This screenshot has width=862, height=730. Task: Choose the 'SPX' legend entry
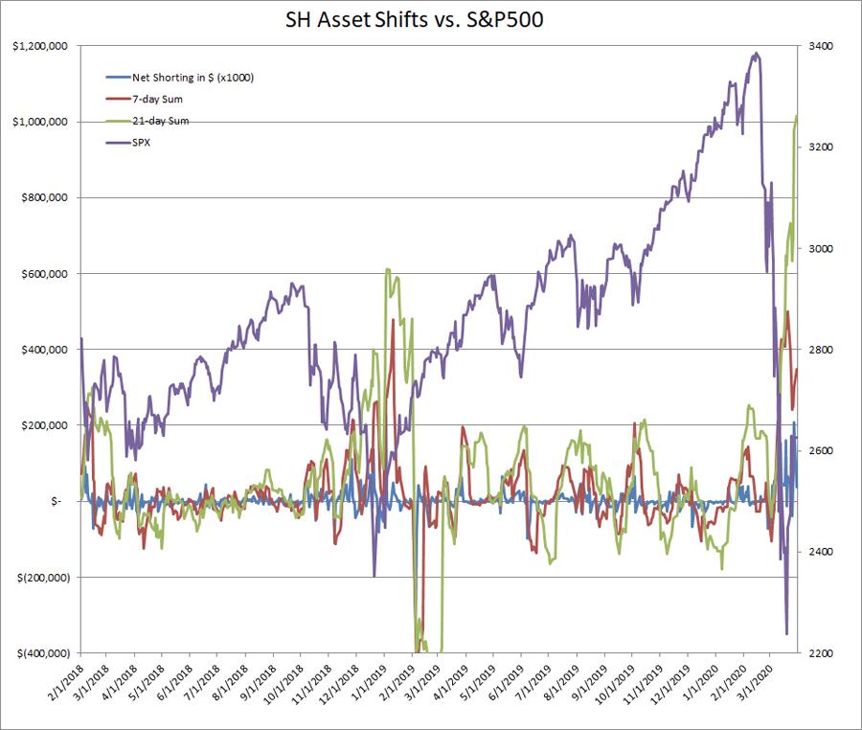point(140,143)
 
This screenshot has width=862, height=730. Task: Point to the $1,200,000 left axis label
point(38,46)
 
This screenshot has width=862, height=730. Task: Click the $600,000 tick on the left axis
point(42,274)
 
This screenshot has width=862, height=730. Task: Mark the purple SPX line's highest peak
point(757,54)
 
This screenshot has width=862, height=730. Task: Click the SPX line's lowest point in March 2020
point(786,633)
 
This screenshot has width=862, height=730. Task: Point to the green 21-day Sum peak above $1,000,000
point(797,117)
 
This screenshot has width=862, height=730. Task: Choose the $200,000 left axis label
point(42,425)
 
